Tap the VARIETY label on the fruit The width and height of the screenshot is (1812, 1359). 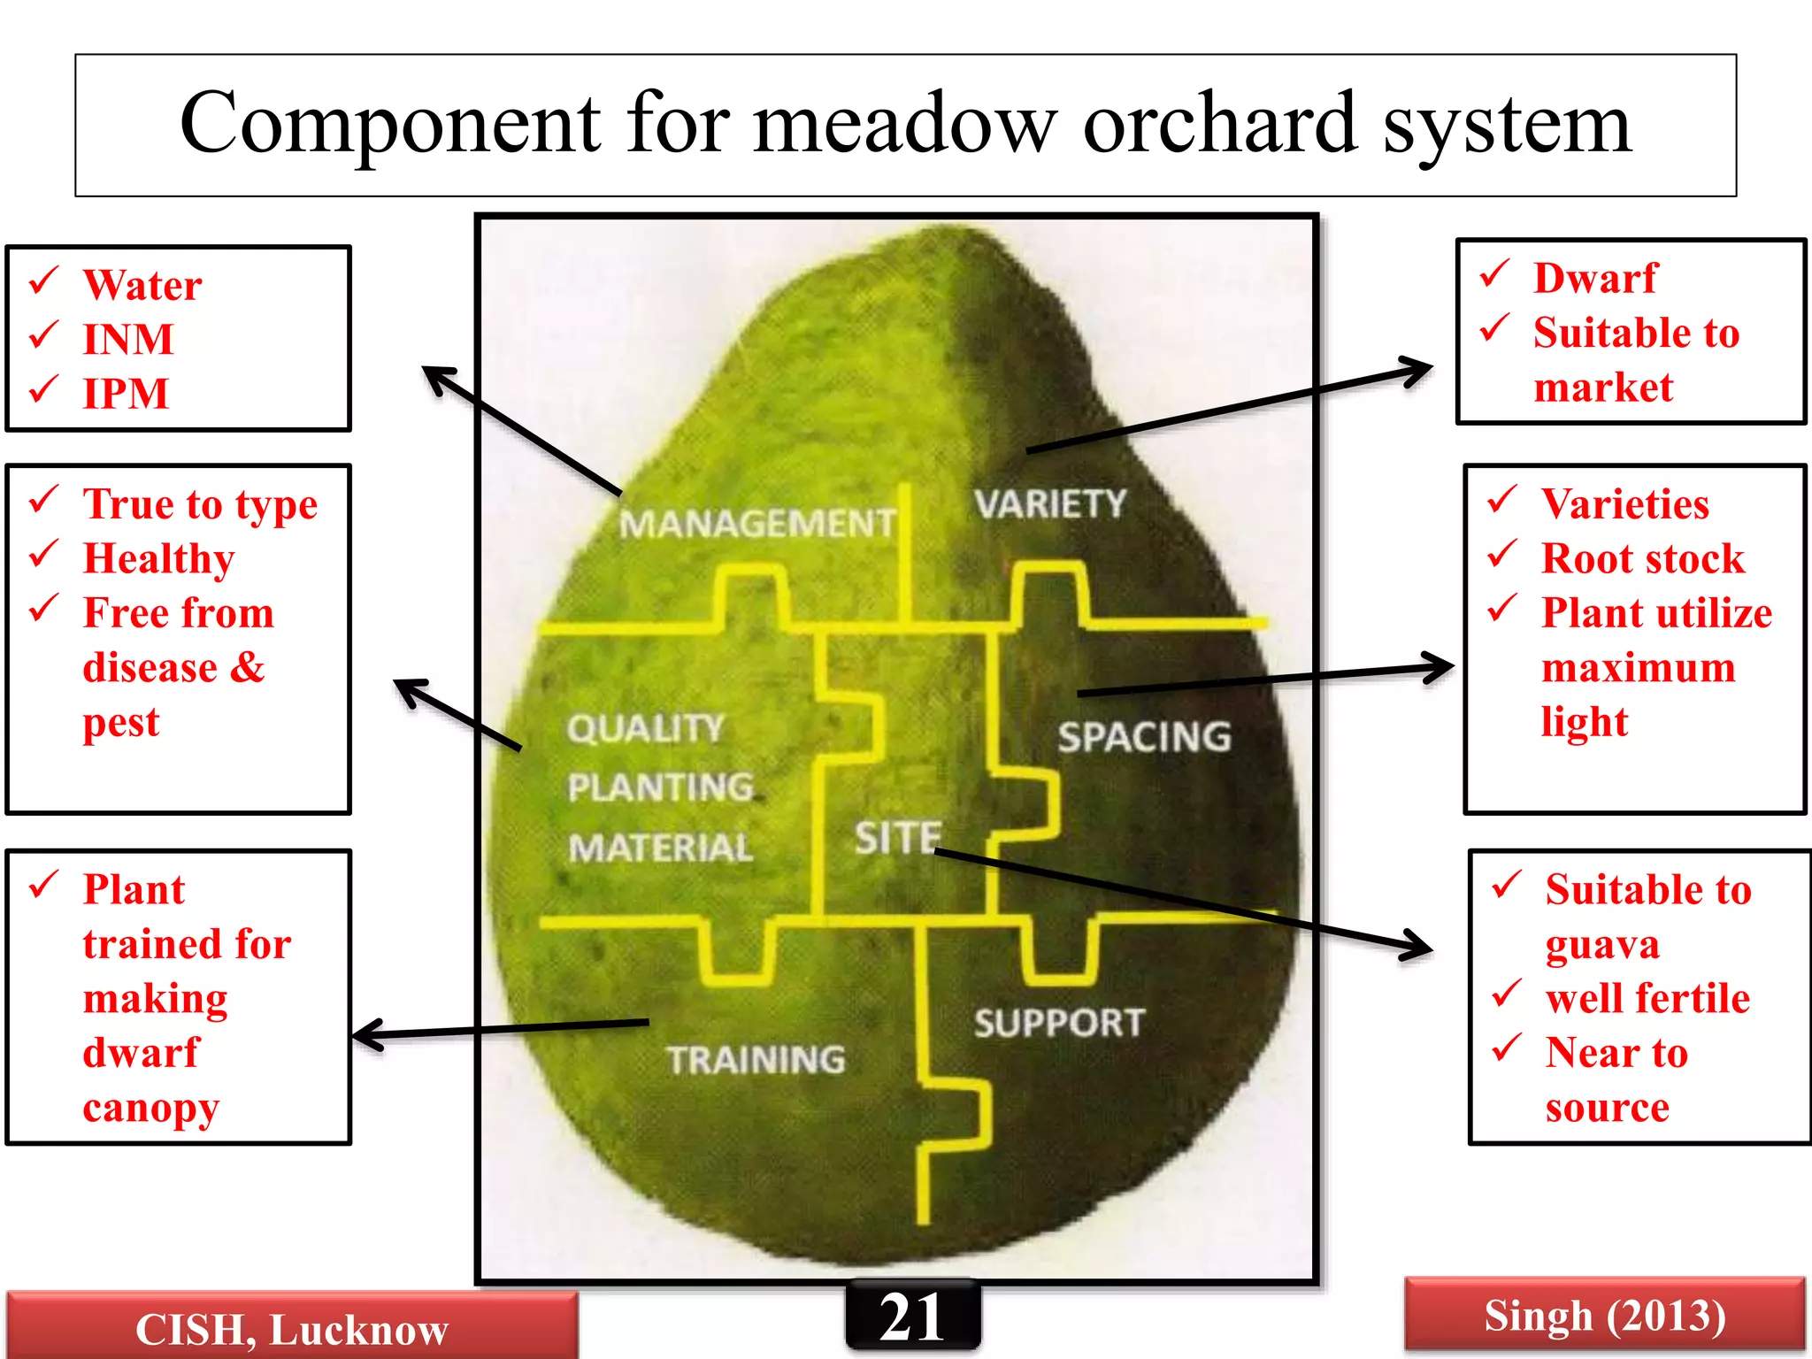tap(1050, 504)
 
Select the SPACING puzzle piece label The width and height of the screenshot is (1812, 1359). tap(1144, 737)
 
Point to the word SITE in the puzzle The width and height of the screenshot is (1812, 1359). tap(897, 837)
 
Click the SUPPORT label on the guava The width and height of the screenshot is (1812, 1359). tap(1059, 1023)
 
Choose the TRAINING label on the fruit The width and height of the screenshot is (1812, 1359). tap(756, 1060)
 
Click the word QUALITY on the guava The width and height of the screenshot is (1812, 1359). tap(646, 729)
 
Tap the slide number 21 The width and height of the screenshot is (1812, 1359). tap(912, 1317)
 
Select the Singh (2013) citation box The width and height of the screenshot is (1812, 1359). tap(1604, 1315)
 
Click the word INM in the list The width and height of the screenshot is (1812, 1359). tap(128, 340)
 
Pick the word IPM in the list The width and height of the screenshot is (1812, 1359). tap(126, 394)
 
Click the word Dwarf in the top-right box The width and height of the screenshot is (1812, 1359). tap(1594, 278)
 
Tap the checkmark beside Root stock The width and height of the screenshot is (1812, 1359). tap(1501, 556)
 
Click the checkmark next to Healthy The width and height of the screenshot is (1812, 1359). tap(44, 556)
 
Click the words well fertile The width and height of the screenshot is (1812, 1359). tap(1647, 998)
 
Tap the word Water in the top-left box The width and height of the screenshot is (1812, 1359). tap(142, 285)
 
